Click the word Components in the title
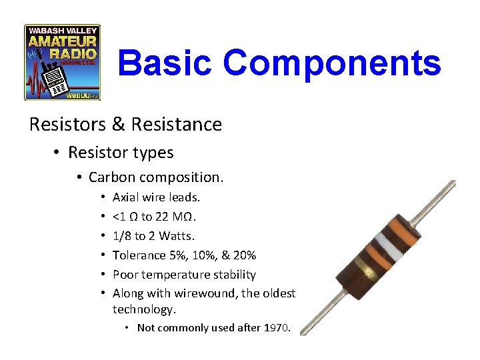click(x=332, y=63)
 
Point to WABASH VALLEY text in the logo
click(x=62, y=30)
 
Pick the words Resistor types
click(x=121, y=153)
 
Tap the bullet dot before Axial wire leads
click(x=103, y=197)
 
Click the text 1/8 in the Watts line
click(x=122, y=236)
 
